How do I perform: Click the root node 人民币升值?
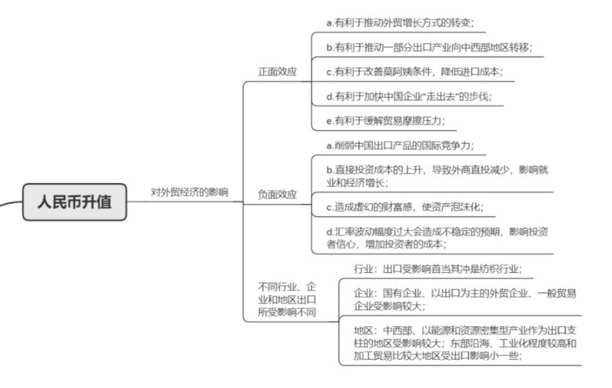[75, 203]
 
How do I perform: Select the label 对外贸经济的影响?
[189, 191]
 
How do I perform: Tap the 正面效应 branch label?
[277, 71]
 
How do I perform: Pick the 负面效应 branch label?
[277, 194]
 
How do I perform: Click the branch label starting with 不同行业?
[287, 299]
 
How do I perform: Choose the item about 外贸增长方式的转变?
[400, 23]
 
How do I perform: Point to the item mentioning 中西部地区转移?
[429, 47]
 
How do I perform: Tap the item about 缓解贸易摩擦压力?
[386, 120]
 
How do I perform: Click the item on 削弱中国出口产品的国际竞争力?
[400, 145]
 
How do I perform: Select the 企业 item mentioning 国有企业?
[465, 299]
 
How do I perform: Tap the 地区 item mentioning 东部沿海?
[465, 344]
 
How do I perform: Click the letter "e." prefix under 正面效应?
[330, 120]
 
